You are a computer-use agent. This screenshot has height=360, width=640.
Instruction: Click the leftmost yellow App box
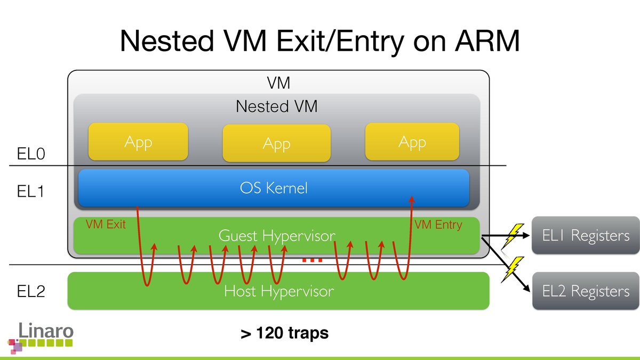point(138,142)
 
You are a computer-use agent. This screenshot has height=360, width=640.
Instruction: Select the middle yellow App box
point(276,143)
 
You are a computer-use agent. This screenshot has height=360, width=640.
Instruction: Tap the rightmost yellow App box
point(412,142)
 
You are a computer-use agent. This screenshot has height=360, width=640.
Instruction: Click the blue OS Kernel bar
point(274,188)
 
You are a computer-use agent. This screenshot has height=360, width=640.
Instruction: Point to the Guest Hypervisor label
point(277,236)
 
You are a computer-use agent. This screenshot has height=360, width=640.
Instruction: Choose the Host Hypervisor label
point(279,291)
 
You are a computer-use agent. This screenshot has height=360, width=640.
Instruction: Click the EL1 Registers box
point(586,236)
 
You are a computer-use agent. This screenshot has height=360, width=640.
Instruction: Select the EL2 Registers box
point(586,291)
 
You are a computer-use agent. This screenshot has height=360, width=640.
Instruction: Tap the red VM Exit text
point(106,225)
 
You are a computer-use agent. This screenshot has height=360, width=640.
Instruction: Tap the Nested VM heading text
point(276,107)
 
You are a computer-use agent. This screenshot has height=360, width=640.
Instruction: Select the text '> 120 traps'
point(284,334)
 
